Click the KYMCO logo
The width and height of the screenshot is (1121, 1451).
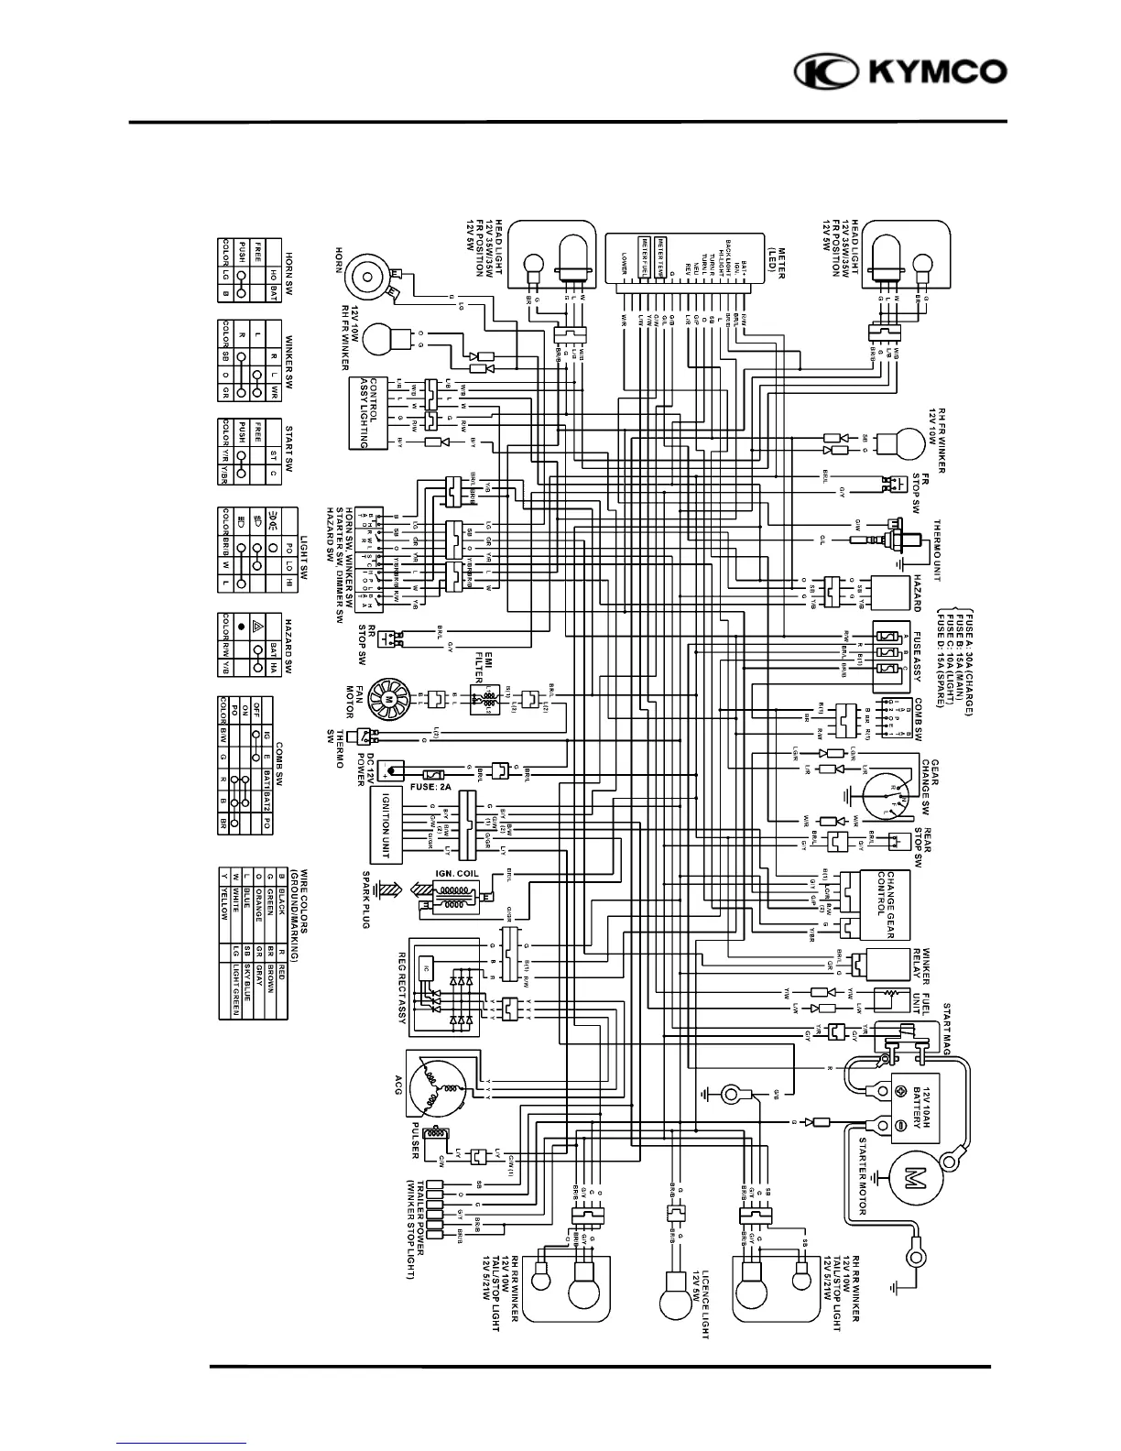click(900, 72)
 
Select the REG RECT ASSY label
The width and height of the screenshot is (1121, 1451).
click(401, 987)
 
